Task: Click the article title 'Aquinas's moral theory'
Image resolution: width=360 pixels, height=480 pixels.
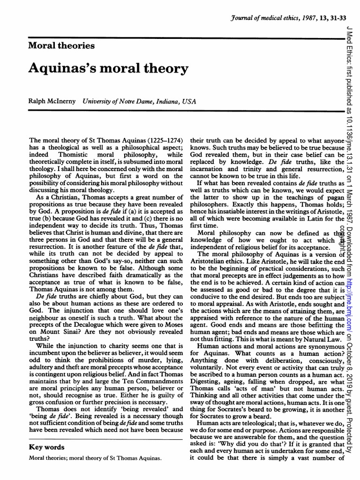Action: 108,68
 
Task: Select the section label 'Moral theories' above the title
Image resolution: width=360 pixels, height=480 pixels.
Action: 61,45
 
